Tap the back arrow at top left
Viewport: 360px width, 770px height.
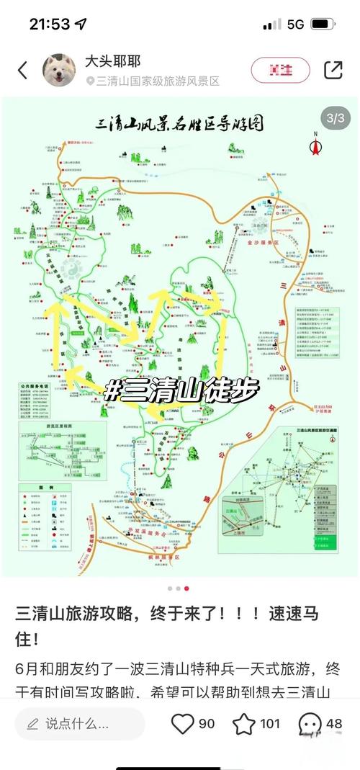22,70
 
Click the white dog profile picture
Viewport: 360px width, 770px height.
60,70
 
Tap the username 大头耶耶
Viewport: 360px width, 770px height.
113,61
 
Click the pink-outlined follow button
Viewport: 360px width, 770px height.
280,70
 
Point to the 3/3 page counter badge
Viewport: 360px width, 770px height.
336,117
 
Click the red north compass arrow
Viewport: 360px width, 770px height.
315,145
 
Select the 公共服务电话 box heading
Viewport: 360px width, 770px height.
39,387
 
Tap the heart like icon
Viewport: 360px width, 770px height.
182,723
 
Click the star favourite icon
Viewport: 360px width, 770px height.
244,723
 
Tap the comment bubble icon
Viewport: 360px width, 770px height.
310,723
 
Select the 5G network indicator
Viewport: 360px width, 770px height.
295,24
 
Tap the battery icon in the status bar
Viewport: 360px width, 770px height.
323,24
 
